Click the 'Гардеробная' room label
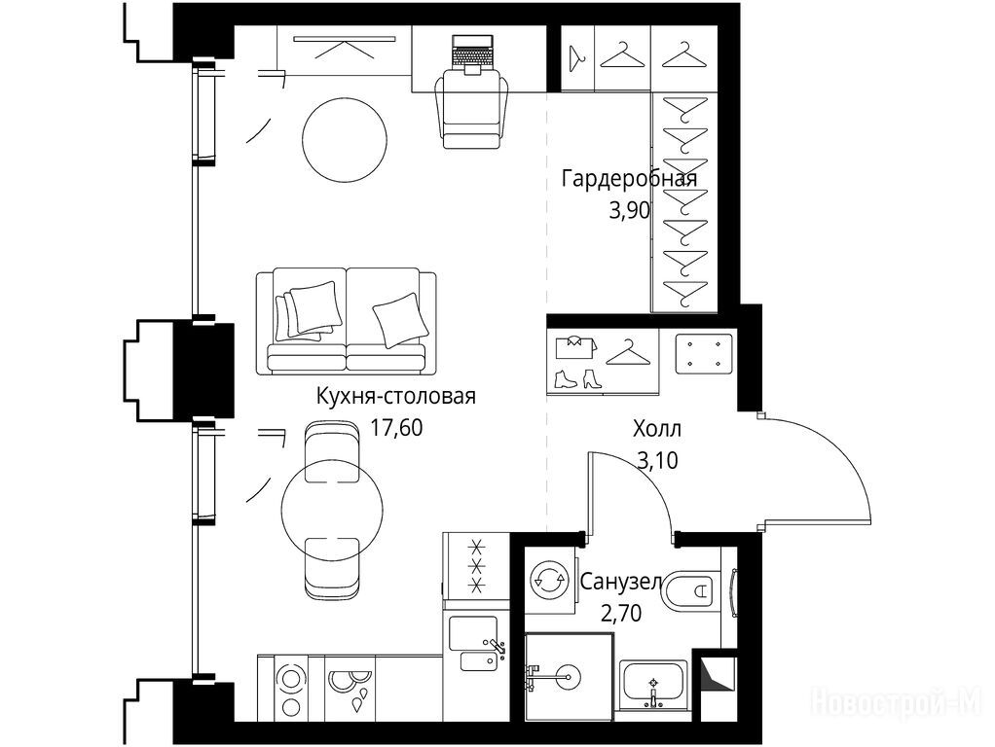(630, 180)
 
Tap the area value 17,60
(396, 427)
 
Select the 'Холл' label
(657, 429)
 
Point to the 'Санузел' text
(621, 582)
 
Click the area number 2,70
(620, 613)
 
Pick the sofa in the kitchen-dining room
(347, 320)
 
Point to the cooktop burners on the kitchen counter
(291, 689)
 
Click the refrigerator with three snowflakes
(476, 565)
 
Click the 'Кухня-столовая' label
(396, 396)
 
